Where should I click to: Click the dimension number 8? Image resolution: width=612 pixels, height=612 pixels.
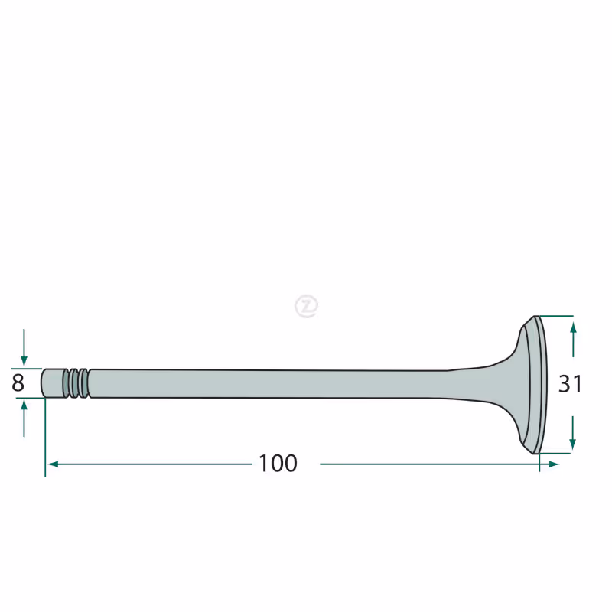tap(18, 383)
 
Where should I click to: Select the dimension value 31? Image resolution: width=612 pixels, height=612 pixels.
tap(570, 384)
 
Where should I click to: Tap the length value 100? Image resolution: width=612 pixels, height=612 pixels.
tap(278, 464)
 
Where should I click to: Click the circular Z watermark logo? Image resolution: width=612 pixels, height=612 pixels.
tap(307, 306)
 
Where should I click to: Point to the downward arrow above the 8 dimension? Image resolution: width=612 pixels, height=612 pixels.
tap(24, 348)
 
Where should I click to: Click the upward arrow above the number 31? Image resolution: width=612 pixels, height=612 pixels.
tap(573, 340)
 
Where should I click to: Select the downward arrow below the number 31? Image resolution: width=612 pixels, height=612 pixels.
tap(572, 433)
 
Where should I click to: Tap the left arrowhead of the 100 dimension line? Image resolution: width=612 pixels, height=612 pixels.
tap(53, 464)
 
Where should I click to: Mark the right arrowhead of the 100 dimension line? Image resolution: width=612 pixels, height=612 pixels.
tap(554, 464)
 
